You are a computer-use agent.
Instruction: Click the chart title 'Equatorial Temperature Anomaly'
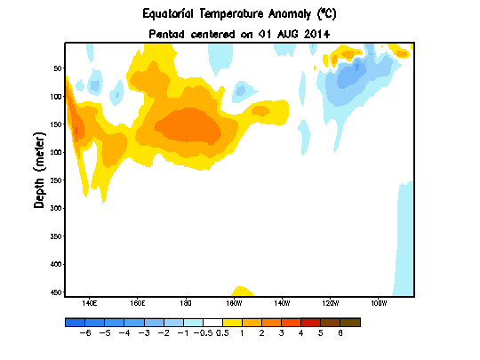click(227, 14)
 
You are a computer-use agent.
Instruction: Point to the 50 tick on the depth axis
click(56, 68)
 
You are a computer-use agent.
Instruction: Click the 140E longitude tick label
click(89, 304)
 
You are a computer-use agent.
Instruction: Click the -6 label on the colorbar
click(85, 332)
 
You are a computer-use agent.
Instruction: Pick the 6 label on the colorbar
click(340, 332)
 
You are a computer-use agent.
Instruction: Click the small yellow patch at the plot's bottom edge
click(241, 292)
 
